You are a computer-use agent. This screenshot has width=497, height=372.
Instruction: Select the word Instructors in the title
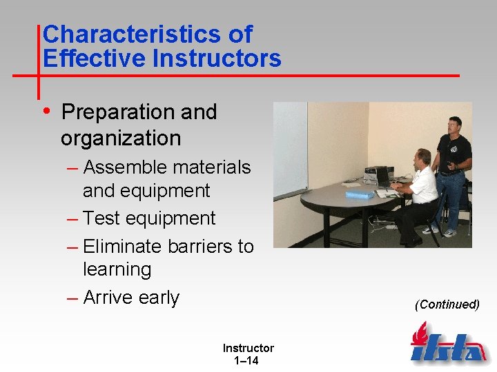(x=217, y=59)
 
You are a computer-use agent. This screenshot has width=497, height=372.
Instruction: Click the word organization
(x=121, y=138)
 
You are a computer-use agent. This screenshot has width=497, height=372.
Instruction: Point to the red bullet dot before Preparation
(x=46, y=111)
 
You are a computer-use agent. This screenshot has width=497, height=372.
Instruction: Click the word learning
(x=117, y=269)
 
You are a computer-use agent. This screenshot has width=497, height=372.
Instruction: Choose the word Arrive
(x=108, y=298)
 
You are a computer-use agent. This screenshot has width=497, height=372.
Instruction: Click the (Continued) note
(x=447, y=304)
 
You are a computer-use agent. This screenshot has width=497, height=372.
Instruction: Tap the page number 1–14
(x=247, y=360)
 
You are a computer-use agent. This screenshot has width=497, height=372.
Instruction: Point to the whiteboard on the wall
(x=290, y=148)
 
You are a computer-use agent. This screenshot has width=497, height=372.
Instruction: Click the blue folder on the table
(x=359, y=195)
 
